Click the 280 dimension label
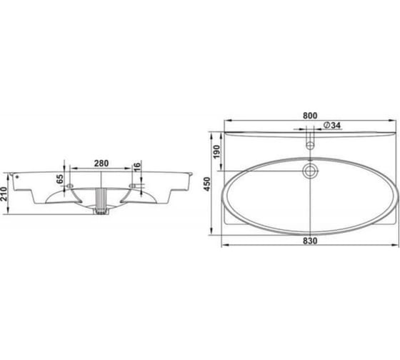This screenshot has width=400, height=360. click(x=101, y=164)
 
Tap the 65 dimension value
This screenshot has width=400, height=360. click(x=59, y=179)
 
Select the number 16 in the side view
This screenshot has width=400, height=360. click(x=137, y=166)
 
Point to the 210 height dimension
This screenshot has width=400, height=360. click(x=4, y=194)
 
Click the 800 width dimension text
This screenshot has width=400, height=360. click(x=310, y=116)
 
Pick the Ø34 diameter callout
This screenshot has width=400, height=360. click(x=332, y=125)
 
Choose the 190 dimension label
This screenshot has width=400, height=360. click(x=216, y=152)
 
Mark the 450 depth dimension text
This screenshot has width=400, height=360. click(x=207, y=184)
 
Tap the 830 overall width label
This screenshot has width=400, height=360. click(x=310, y=241)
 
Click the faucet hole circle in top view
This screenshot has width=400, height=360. click(x=310, y=146)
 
